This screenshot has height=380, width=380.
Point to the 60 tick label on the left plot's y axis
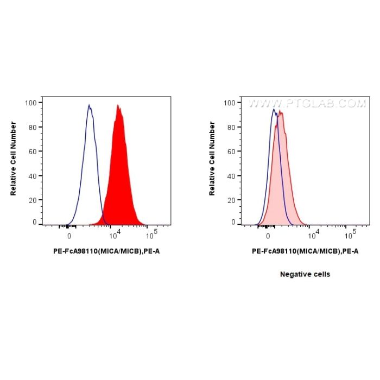tap(33, 151)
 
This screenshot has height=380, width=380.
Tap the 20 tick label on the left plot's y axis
tap(33, 200)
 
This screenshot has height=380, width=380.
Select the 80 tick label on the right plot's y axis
tap(232, 127)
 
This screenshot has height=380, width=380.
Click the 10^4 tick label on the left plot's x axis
tap(115, 235)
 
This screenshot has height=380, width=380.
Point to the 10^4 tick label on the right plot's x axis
tap(314, 235)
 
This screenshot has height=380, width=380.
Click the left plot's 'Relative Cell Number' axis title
tap(13, 159)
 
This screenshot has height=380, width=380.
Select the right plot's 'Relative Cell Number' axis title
tap(212, 159)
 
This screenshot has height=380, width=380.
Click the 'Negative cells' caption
tap(305, 274)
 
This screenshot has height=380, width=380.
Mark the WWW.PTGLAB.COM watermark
tap(307, 103)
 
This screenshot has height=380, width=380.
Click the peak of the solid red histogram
tap(118, 106)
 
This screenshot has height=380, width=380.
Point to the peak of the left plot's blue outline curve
tap(89, 106)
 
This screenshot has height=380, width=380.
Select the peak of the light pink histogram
tap(281, 112)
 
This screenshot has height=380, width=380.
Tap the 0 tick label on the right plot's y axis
tap(234, 223)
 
